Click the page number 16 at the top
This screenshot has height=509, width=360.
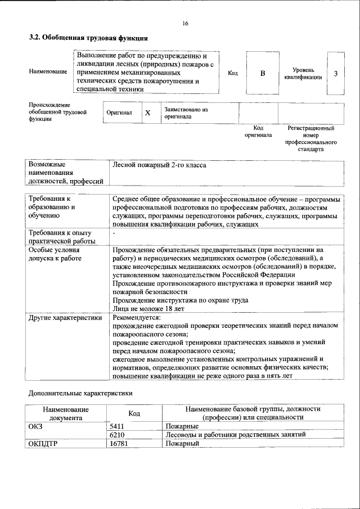coord(185,23)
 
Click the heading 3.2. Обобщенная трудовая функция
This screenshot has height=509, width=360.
coord(88,38)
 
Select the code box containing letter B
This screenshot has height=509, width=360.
coord(262,73)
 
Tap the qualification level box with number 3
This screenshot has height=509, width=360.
coord(336,74)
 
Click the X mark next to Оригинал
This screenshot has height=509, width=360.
coord(148,113)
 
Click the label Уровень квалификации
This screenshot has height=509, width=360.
coord(303,73)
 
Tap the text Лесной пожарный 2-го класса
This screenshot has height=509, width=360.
coord(160,165)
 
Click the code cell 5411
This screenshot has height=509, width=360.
coord(117,426)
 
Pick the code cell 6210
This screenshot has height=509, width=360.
coord(117,435)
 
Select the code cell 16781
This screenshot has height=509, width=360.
coord(119,443)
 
